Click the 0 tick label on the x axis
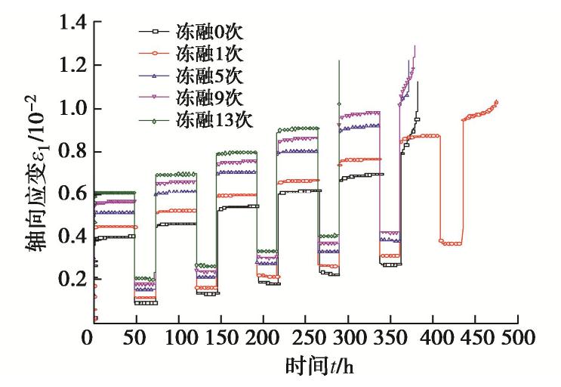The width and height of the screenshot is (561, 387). click(x=91, y=336)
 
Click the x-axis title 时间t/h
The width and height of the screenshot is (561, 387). click(x=319, y=367)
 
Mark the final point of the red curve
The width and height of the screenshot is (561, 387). click(x=497, y=102)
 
